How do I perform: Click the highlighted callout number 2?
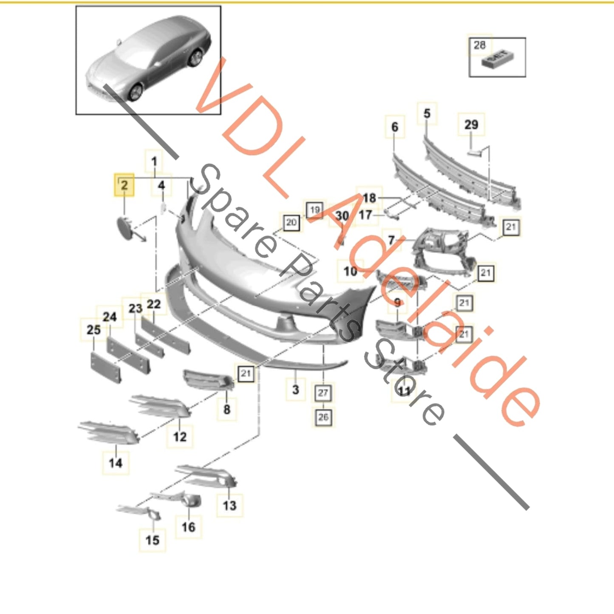[x=124, y=185]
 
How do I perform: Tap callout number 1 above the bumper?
[x=154, y=161]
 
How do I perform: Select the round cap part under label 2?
[x=125, y=227]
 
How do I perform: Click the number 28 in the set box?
[x=479, y=45]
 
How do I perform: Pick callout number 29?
[x=471, y=124]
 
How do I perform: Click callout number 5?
[x=427, y=113]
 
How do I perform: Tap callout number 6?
[x=395, y=127]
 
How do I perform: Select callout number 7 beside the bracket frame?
[x=391, y=241]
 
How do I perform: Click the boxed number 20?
[x=291, y=222]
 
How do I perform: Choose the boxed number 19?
[x=314, y=210]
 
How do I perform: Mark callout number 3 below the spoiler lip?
[x=296, y=390]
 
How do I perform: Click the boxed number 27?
[x=323, y=393]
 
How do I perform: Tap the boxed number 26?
[x=323, y=417]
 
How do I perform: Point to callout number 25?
[x=93, y=330]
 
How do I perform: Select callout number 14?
[x=116, y=463]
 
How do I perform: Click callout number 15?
[x=152, y=540]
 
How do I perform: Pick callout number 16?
[x=188, y=527]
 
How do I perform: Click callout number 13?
[x=229, y=506]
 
